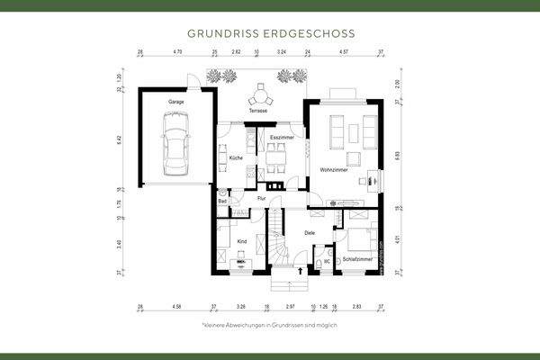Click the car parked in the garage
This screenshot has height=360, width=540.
175,150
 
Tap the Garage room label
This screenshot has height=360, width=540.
175,103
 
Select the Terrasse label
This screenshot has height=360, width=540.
259,111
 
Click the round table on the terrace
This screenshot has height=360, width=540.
260,93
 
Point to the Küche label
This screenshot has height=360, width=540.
236,158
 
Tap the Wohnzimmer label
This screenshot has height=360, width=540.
333,170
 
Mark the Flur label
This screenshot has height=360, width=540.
262,197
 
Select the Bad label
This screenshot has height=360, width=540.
221,202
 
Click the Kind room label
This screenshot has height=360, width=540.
241,242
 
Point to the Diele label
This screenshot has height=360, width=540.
310,233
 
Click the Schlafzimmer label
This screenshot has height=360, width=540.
357,258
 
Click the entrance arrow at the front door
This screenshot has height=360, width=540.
300,268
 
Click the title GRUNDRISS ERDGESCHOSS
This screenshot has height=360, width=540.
270,32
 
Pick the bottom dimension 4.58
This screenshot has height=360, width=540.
175,306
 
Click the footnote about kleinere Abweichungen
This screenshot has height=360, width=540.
269,324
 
